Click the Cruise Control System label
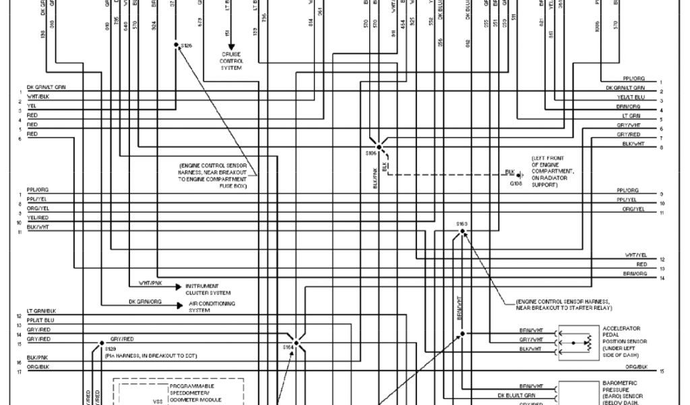pos(231,61)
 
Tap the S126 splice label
pos(187,45)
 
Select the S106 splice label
pos(371,154)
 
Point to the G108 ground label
pos(515,183)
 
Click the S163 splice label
pos(462,223)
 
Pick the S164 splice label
pos(288,347)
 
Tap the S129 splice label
pos(111,348)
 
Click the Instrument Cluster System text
pos(208,289)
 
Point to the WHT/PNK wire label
pos(150,282)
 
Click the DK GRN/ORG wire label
pos(145,301)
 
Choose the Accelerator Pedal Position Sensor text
pos(623,342)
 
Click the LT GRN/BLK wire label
pos(41,311)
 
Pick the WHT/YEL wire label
pos(635,254)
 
